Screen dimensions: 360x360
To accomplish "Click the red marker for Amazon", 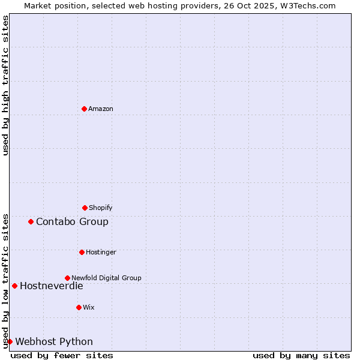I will [85, 109].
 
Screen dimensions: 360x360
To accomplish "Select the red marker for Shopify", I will [85, 208].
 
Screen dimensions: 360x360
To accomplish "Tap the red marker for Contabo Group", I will [31, 221].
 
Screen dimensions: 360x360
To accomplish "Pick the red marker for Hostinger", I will [82, 252].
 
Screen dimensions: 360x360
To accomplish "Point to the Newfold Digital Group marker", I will [68, 278].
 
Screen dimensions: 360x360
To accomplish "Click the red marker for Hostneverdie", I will [15, 286].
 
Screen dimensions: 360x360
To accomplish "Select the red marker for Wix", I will [79, 307].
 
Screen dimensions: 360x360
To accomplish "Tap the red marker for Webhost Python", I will [10, 341].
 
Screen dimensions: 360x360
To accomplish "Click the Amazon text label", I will [101, 109].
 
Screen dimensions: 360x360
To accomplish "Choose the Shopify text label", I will [101, 208].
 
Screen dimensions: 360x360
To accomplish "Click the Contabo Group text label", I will [72, 221].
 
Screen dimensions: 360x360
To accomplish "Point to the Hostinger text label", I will [101, 252].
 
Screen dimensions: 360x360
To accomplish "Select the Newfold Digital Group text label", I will [106, 278].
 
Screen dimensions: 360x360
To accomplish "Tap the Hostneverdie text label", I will [51, 286].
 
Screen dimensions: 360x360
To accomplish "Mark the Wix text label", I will [89, 307].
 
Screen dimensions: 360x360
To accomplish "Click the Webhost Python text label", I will [54, 341].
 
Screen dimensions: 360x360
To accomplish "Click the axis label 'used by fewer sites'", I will [62, 355].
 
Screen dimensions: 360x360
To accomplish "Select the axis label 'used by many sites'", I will [301, 355].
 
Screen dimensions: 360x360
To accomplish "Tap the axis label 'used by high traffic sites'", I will [5, 85].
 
